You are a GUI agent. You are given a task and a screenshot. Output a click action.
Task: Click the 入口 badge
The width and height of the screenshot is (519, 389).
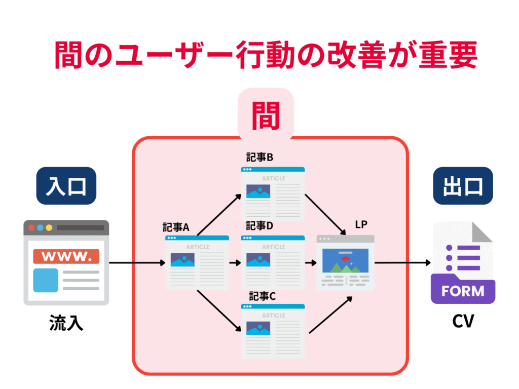tap(66, 185)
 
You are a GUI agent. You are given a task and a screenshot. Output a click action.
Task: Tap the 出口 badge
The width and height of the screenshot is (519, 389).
tap(463, 185)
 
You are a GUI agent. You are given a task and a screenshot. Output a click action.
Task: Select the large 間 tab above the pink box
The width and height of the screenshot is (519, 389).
tap(266, 115)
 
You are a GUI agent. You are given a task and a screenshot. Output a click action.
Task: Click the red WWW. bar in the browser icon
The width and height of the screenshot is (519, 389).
tap(66, 256)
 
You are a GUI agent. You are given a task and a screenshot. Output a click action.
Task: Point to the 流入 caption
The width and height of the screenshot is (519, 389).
tap(66, 323)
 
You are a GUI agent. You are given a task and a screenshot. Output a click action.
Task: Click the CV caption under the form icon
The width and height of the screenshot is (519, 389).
tap(463, 321)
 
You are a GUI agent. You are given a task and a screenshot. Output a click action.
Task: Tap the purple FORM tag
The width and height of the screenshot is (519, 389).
tap(463, 291)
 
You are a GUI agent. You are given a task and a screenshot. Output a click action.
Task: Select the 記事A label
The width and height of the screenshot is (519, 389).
tap(176, 227)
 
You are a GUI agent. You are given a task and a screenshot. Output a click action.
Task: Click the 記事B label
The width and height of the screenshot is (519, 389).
tap(260, 158)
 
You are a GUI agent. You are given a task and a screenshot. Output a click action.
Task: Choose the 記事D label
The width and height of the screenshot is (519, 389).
tap(260, 226)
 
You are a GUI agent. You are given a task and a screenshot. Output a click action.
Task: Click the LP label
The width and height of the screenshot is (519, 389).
tap(361, 224)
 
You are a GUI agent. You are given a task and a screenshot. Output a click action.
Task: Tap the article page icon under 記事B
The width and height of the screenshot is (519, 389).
tap(273, 194)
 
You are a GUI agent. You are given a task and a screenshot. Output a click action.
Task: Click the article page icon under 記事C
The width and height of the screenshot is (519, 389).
tap(273, 331)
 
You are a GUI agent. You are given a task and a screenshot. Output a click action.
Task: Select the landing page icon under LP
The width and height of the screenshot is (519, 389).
tap(345, 262)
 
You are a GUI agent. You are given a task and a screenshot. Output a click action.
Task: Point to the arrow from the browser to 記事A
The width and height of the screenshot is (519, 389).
tap(137, 263)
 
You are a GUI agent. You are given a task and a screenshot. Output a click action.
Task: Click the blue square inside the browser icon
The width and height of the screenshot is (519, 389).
tap(46, 280)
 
